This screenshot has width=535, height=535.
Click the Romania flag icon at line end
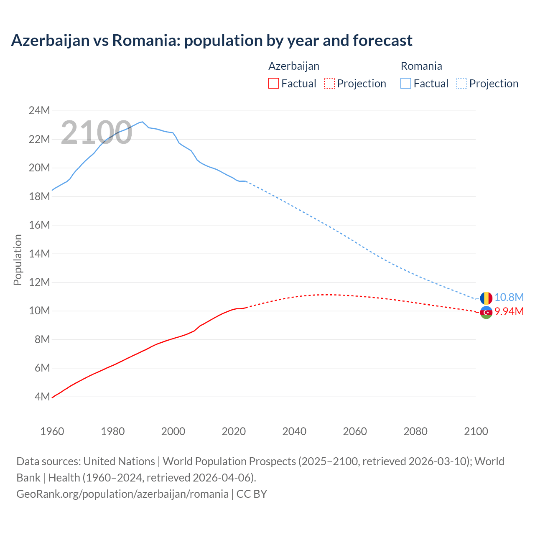(x=486, y=298)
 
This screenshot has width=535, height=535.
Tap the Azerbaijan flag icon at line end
(x=486, y=312)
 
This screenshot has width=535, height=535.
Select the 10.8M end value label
(x=509, y=297)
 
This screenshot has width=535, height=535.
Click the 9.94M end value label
(x=509, y=311)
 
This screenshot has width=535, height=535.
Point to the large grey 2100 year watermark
(x=97, y=132)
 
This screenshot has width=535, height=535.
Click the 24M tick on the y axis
(x=39, y=111)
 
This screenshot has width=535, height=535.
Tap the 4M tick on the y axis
(x=42, y=397)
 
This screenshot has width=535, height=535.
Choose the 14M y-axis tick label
(x=39, y=254)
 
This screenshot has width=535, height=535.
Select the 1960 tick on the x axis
(x=52, y=431)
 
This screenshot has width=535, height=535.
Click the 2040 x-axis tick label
(x=294, y=431)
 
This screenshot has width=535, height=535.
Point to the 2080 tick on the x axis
(x=415, y=431)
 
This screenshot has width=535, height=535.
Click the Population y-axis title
(x=18, y=260)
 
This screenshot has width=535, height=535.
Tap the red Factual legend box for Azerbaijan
(x=273, y=84)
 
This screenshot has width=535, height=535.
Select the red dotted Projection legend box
(x=329, y=84)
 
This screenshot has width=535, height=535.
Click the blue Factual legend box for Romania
(x=406, y=84)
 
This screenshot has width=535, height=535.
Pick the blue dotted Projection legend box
(x=462, y=84)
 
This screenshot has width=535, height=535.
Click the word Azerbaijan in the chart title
(x=50, y=41)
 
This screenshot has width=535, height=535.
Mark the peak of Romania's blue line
(x=143, y=122)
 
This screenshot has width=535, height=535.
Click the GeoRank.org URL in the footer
(x=122, y=494)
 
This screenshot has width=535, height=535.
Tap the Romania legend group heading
(x=421, y=66)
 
